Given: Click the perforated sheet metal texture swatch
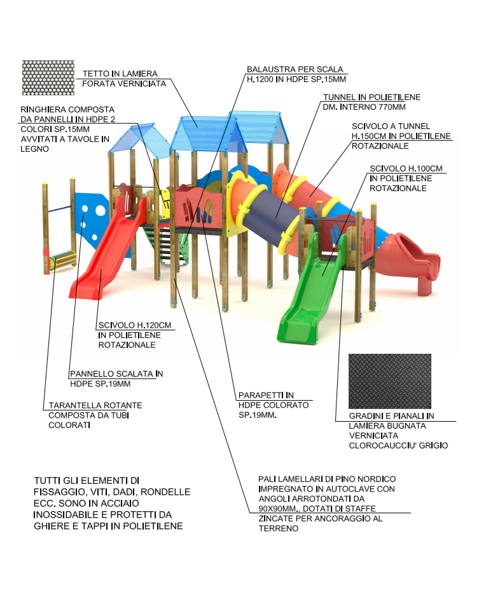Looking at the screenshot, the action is point(48,77).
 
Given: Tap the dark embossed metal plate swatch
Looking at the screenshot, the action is point(390,381).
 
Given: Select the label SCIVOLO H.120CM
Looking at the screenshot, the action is point(135,325).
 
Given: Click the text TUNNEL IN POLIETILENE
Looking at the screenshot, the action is point(371,97).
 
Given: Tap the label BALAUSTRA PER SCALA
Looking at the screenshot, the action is point(294,69).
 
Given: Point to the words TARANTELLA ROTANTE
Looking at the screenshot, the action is point(95,405).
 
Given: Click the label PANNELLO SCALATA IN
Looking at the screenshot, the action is point(116,373).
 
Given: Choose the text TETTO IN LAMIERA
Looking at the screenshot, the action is point(120,74).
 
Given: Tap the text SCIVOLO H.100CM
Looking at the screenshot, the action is point(406,169).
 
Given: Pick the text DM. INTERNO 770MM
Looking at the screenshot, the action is point(364,107).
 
